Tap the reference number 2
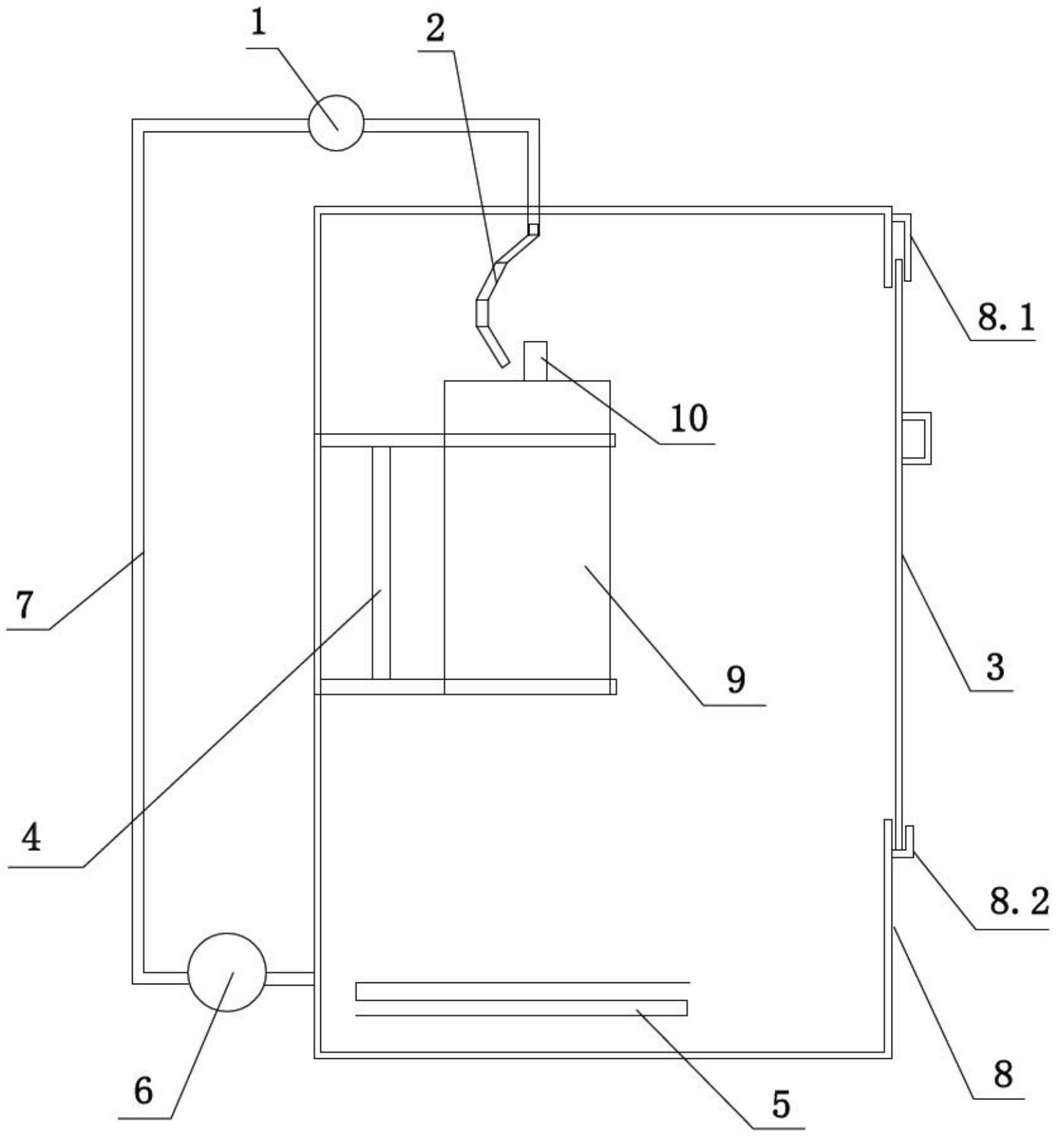435,29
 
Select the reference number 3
995,666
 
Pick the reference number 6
143,1091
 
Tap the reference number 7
24,606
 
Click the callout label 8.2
1019,901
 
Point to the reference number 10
689,418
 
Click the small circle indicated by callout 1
336,123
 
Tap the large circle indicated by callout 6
227,972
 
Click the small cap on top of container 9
535,361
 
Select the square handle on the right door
917,438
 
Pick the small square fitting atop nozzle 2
534,229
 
